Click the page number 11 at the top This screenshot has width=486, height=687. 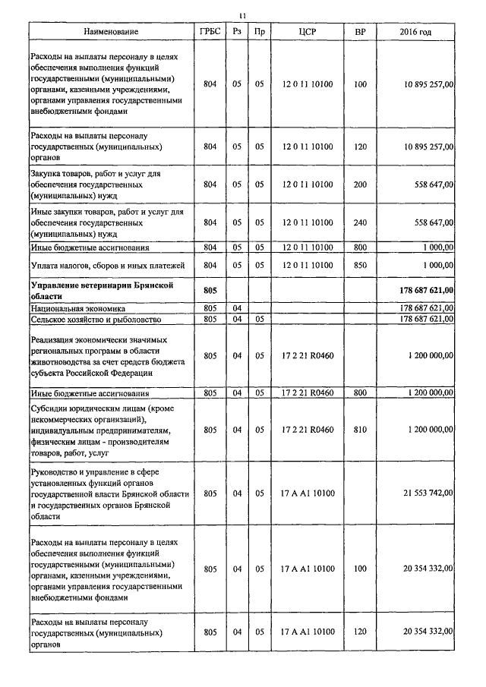pos(242,15)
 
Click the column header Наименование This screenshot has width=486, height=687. pos(112,32)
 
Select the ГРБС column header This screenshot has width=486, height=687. pos(210,32)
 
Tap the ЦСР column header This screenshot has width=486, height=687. pos(308,32)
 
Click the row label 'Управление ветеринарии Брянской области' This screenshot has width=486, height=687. pos(97,289)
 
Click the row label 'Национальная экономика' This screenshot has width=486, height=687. pos(77,309)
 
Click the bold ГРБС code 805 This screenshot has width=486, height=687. pos(210,289)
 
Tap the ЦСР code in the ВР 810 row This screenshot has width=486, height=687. pos(308,430)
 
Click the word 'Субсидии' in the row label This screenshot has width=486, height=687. pos(49,408)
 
